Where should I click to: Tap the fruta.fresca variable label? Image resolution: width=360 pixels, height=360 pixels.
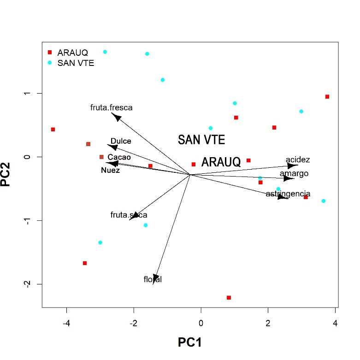point(111,108)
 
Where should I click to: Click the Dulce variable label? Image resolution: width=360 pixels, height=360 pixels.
point(121,141)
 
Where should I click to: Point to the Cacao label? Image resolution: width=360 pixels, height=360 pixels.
point(119,157)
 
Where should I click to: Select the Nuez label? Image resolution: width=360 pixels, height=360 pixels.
point(110,171)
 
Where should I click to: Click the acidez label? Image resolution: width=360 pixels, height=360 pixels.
point(298,160)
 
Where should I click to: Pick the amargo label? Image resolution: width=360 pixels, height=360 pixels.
point(294,174)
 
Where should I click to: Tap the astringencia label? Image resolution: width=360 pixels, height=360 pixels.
point(288,194)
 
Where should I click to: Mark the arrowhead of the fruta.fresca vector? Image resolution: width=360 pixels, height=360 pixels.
point(117,118)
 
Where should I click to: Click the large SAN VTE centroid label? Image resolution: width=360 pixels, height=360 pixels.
point(201,140)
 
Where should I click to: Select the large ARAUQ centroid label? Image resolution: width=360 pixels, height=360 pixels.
point(221,162)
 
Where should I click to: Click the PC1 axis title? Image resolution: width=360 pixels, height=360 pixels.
point(190,342)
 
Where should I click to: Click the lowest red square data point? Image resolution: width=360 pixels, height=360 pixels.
point(229,298)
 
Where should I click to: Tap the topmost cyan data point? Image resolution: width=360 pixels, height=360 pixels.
point(105,52)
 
